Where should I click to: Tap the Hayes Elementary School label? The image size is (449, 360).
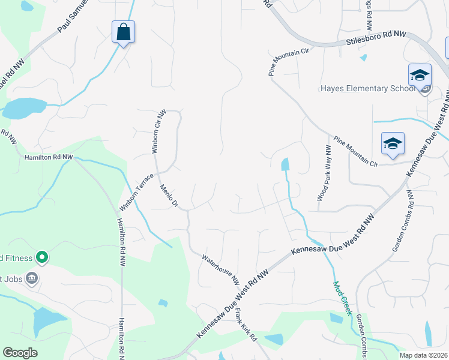pyautogui.click(x=367, y=89)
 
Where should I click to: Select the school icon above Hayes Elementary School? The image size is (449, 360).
pyautogui.click(x=420, y=76)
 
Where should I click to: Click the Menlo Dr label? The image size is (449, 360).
pyautogui.click(x=170, y=196)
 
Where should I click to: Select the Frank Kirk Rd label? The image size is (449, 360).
pyautogui.click(x=246, y=325)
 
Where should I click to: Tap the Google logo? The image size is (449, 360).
pyautogui.click(x=20, y=353)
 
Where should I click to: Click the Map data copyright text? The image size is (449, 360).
pyautogui.click(x=423, y=355)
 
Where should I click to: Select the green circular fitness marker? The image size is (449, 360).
pyautogui.click(x=41, y=259)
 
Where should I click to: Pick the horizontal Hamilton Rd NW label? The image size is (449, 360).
pyautogui.click(x=48, y=157)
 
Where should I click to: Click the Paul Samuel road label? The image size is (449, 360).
pyautogui.click(x=73, y=16)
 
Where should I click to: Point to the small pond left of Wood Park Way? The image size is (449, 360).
pyautogui.click(x=285, y=164)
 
